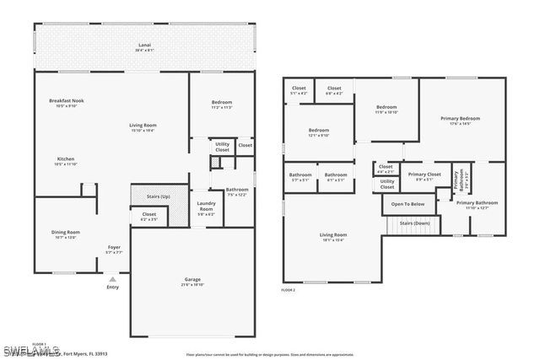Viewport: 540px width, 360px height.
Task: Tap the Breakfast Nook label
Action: pos(66,100)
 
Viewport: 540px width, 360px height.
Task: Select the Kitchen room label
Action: pos(66,159)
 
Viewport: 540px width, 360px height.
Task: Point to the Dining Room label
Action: pos(66,232)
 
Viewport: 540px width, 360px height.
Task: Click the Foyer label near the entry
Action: pos(113,247)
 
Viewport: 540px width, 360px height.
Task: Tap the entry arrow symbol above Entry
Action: pos(113,278)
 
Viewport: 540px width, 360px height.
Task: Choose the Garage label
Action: pos(192,279)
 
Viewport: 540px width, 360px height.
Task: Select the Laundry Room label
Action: pos(206,206)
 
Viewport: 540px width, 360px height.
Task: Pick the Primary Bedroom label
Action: pos(460,119)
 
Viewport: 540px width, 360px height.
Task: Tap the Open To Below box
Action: pos(408,204)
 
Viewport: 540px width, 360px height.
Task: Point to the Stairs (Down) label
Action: pos(414,223)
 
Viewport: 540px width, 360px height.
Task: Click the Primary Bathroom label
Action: pos(477,203)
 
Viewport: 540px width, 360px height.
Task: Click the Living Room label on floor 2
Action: pos(332,234)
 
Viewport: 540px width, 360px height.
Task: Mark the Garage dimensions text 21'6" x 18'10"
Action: pos(192,285)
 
